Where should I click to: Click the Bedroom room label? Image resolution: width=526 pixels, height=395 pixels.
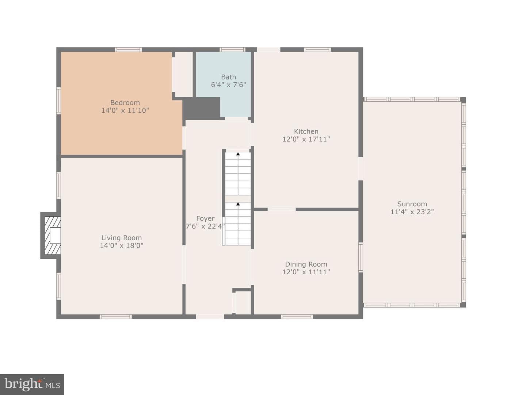coord(125,103)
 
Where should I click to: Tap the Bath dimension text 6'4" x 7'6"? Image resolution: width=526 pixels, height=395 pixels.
coord(228,84)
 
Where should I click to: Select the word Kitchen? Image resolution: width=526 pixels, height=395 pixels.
coord(306,131)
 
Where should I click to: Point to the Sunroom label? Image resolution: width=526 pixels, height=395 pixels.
coord(412,204)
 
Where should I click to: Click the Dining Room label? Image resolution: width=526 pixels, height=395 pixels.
coord(306,264)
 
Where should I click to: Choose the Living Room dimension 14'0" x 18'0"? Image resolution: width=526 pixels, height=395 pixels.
coord(122,245)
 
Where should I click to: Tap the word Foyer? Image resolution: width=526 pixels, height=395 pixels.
coord(205,218)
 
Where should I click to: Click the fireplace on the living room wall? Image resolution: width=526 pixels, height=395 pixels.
coord(51,236)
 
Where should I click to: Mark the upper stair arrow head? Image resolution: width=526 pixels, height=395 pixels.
coord(238,154)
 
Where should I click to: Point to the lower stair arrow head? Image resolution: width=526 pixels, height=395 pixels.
coord(238,204)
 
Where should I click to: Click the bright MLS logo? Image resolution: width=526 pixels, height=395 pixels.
coord(32,384)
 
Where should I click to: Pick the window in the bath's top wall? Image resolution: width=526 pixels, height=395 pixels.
coord(232,50)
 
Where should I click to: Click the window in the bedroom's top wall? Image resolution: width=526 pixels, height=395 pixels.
coord(128,50)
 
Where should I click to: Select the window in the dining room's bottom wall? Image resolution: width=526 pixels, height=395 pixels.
coord(297,317)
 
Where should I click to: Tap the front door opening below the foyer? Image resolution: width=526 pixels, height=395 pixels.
coord(210,317)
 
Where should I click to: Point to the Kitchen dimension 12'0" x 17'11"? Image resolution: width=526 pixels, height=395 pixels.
coord(306,139)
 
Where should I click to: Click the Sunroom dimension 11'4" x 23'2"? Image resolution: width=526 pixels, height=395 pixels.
coord(412,212)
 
